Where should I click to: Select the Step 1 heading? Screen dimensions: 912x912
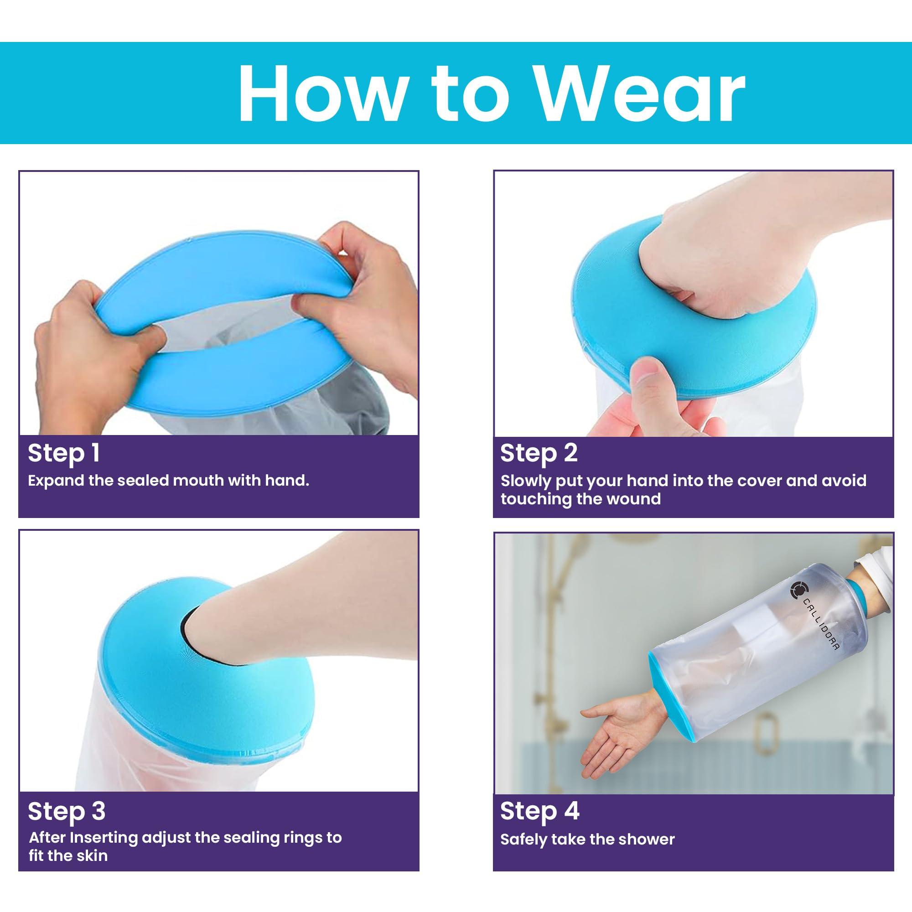(64, 453)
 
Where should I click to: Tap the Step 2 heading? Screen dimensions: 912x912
(539, 453)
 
